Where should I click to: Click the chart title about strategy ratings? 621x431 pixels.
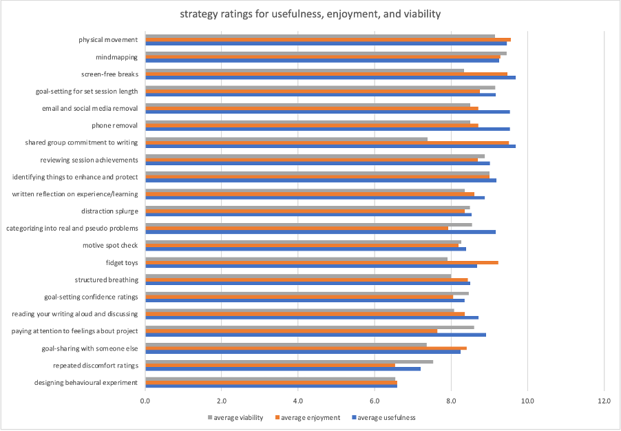pyautogui.click(x=310, y=14)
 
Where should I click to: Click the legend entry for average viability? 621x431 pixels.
pyautogui.click(x=238, y=417)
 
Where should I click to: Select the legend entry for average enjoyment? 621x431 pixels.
pyautogui.click(x=310, y=417)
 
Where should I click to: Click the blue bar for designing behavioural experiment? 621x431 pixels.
pyautogui.click(x=271, y=386)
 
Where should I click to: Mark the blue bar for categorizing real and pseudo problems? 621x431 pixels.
pyautogui.click(x=320, y=232)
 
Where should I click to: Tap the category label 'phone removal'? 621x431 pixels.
pyautogui.click(x=114, y=125)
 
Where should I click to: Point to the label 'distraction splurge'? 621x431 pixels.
pyautogui.click(x=109, y=211)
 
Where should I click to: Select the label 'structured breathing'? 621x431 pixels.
pyautogui.click(x=106, y=280)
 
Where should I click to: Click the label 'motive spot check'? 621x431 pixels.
pyautogui.click(x=110, y=245)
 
